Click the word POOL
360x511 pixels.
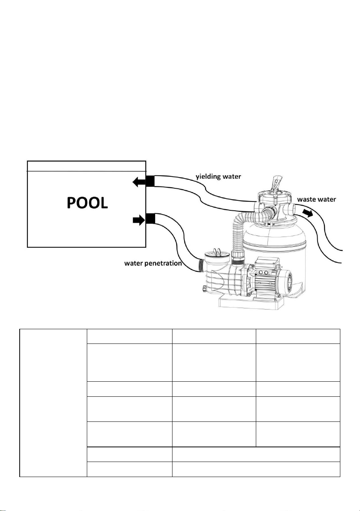(87, 203)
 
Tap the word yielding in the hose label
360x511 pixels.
(207, 176)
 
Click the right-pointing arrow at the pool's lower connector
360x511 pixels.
(139, 220)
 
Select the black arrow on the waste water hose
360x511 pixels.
(307, 214)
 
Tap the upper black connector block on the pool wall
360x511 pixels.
(150, 181)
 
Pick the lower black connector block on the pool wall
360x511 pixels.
(150, 218)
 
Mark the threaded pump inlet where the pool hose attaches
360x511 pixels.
(201, 266)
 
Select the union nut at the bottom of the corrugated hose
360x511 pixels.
(238, 255)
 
